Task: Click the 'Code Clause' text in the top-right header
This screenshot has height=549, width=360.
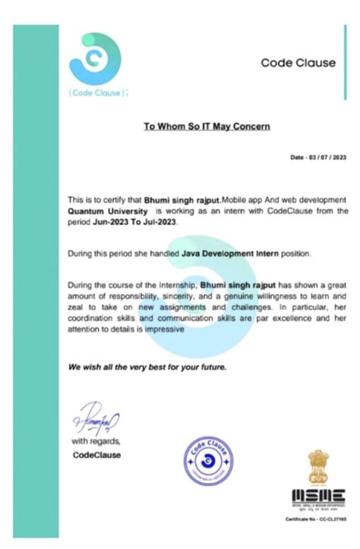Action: click(298, 63)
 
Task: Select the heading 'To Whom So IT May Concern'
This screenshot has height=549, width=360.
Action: click(207, 125)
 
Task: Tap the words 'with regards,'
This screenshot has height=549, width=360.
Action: click(96, 441)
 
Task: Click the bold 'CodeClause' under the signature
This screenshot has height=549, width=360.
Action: click(96, 455)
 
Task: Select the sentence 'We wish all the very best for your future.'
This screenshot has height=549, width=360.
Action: click(147, 367)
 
